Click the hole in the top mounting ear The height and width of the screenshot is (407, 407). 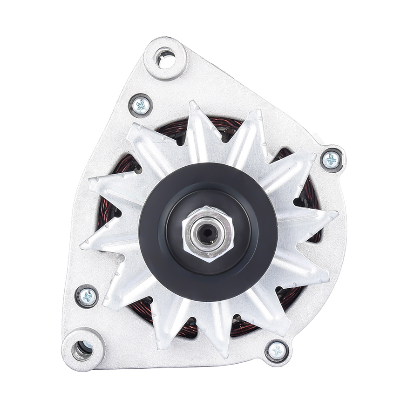pos(165,58)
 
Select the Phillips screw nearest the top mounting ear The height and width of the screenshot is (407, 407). pos(140,106)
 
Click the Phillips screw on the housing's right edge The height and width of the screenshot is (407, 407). pos(331,160)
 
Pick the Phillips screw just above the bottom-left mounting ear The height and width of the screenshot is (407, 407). pos(87,296)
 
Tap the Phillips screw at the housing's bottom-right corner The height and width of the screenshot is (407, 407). pos(277,350)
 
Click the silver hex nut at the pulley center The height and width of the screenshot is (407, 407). pos(207,233)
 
